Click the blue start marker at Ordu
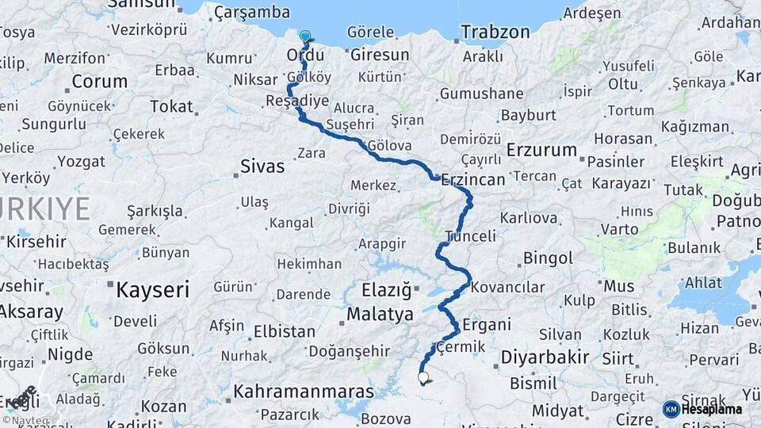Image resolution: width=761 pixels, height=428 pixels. click(305, 36)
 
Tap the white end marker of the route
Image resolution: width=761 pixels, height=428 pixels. click(423, 379)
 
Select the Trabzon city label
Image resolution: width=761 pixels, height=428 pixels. click(495, 32)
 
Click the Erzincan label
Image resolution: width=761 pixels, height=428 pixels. click(473, 180)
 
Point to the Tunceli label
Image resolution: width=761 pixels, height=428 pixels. click(470, 236)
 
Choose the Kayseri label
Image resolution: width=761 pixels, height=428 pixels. click(152, 290)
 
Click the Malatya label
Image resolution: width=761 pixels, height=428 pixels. click(380, 315)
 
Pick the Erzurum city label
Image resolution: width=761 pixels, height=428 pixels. click(541, 150)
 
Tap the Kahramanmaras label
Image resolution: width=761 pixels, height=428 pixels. click(304, 392)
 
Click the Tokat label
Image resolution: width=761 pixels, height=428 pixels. click(171, 106)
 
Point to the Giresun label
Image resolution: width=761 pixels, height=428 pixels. click(380, 55)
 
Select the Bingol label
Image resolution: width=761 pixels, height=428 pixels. click(548, 258)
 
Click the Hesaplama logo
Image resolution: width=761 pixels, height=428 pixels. click(703, 409)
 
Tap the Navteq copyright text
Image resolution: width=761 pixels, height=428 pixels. click(26, 419)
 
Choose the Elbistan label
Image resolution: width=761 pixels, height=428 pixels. click(284, 331)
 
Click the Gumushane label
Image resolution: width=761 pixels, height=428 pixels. click(481, 94)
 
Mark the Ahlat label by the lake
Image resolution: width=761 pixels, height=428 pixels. click(703, 284)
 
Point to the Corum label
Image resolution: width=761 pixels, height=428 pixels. click(100, 82)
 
